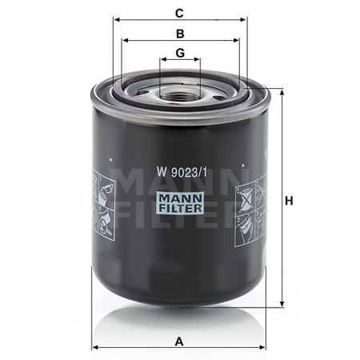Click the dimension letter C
click(179, 13)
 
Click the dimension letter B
click(180, 34)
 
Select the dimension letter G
click(180, 53)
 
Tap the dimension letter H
click(289, 201)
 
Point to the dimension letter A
click(179, 342)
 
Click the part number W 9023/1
click(182, 172)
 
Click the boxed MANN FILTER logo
click(180, 202)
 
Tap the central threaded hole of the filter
click(178, 96)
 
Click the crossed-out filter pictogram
click(245, 198)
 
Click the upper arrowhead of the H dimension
click(282, 93)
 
